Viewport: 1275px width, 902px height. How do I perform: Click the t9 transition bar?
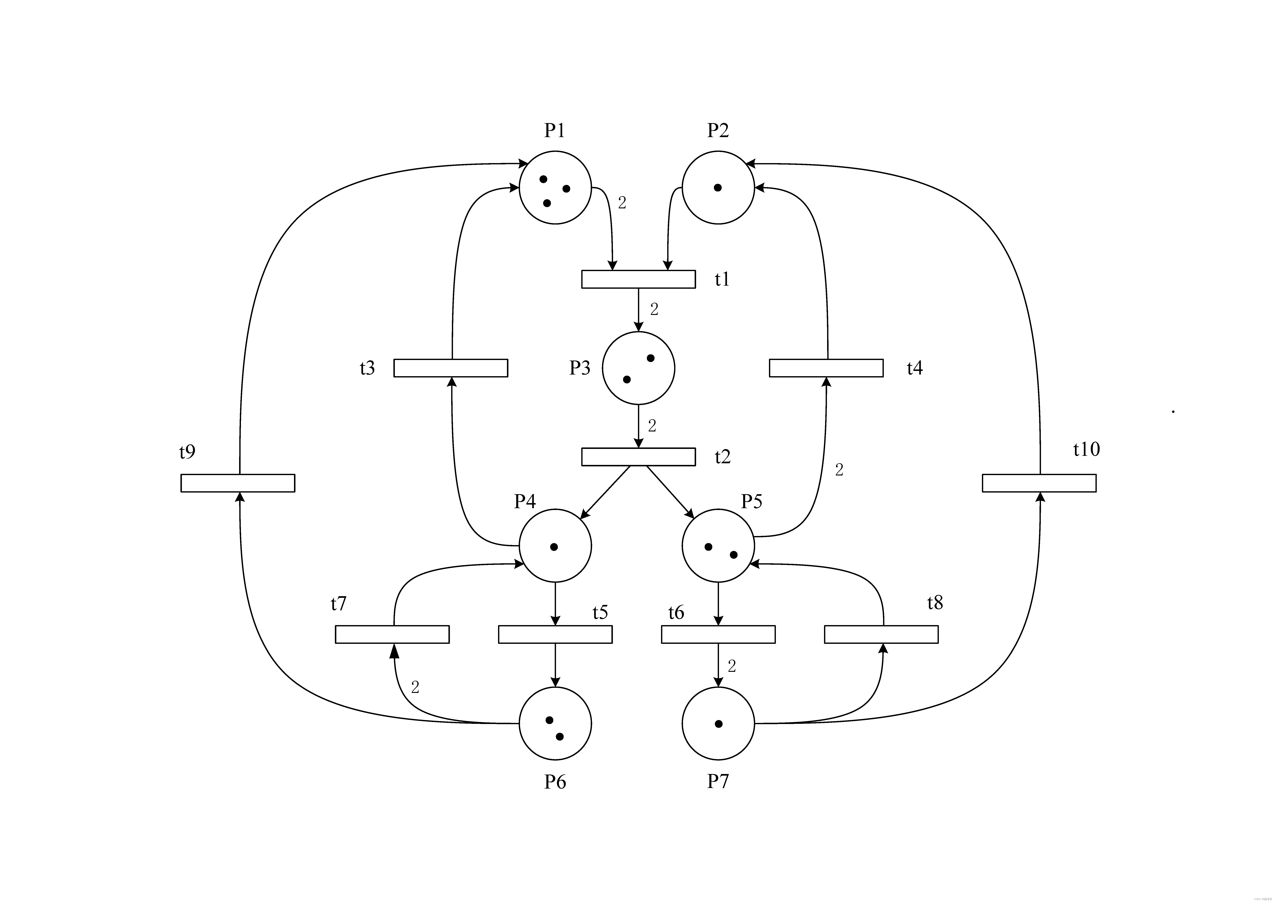click(x=238, y=483)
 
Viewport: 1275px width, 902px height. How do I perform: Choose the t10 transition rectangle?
click(x=1039, y=483)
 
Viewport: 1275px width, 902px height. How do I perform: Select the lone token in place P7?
click(x=719, y=724)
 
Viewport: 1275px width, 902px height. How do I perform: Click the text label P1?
click(x=554, y=130)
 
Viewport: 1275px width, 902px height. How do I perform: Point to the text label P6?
click(x=555, y=782)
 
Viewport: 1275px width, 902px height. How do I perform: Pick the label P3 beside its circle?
click(x=580, y=368)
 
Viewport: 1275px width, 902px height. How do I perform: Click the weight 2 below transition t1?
click(x=654, y=310)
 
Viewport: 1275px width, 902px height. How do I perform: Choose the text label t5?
click(x=600, y=612)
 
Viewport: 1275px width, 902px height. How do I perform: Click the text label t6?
click(x=676, y=612)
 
